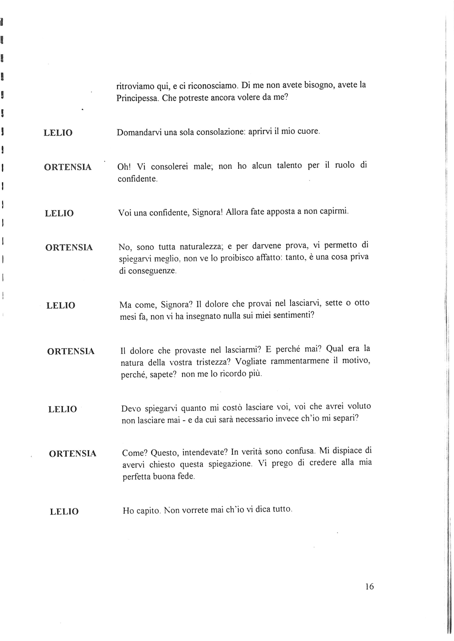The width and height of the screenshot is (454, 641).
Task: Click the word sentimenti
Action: (x=293, y=315)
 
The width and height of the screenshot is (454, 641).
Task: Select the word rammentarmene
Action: (x=299, y=361)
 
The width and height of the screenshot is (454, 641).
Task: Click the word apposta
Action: (x=281, y=212)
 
